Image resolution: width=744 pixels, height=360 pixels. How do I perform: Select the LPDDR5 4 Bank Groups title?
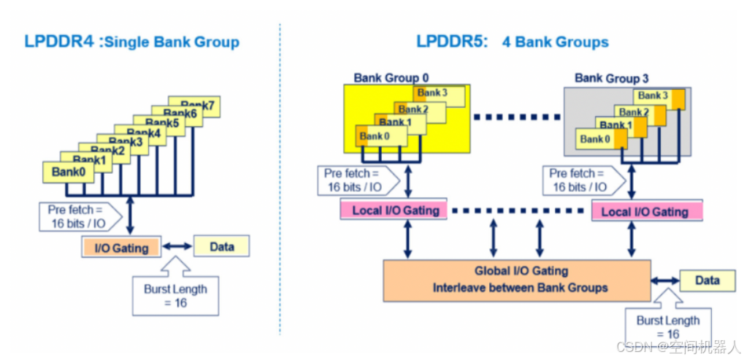coord(512,42)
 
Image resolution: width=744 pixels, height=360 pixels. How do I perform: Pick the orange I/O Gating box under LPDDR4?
coord(120,248)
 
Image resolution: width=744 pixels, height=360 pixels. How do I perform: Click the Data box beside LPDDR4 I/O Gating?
coord(221,246)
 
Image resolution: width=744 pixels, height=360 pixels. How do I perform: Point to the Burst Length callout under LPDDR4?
coord(175,295)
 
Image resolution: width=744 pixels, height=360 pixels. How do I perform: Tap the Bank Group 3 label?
coord(611,77)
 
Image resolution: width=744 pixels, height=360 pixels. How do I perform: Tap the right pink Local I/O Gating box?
coord(645,211)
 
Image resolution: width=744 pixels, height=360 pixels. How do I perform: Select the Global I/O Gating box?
coord(516,279)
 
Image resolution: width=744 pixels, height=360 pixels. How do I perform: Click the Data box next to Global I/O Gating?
coord(707,280)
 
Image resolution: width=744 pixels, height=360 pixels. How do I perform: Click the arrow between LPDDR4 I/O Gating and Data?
coord(176,247)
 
